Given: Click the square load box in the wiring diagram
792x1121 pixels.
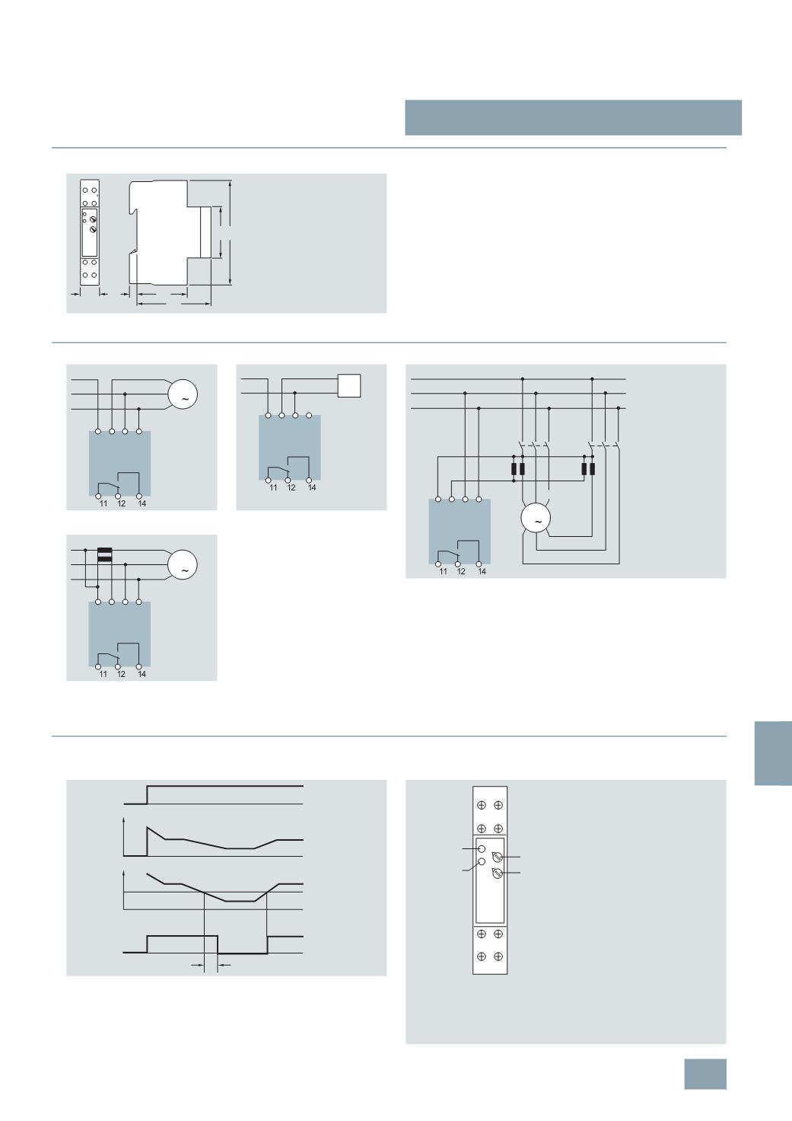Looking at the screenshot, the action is [349, 385].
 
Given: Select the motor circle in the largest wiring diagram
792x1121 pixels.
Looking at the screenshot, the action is [536, 519].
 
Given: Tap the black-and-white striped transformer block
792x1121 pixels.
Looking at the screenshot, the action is [104, 555].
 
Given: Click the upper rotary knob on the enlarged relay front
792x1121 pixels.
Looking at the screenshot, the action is [497, 857].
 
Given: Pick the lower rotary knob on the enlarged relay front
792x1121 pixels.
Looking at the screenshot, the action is [497, 873].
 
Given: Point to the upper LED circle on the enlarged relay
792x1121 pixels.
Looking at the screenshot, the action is [482, 849].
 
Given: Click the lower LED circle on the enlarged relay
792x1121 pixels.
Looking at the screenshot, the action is [482, 862].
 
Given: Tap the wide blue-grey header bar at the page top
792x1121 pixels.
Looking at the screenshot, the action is [573, 117].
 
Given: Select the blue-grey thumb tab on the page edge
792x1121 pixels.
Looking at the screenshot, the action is [773, 754].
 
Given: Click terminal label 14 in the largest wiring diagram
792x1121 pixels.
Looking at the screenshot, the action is [482, 571].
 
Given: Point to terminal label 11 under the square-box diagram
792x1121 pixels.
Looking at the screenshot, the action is [273, 487].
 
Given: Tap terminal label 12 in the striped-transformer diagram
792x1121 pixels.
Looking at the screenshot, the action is [121, 674].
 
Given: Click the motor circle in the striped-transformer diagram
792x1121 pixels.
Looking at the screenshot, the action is [183, 564].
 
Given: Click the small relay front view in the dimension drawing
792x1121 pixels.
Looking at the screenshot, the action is [90, 233].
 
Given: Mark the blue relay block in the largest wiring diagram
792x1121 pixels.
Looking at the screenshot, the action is [460, 532].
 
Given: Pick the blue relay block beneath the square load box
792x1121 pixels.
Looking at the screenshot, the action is [290, 447].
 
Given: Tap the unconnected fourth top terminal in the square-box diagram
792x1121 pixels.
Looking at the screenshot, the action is [309, 415].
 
